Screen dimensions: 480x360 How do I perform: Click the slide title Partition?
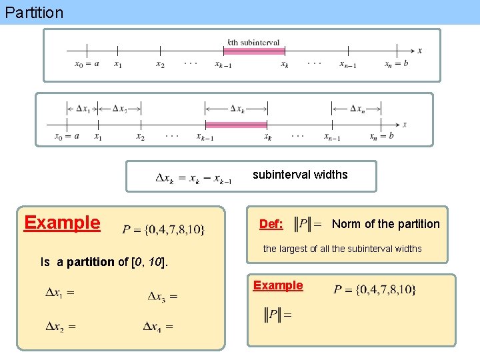[33, 12]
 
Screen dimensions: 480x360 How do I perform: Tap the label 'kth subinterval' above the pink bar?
[253, 42]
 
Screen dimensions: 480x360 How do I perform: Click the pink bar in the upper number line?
[254, 50]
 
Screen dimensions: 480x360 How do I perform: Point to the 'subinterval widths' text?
[300, 175]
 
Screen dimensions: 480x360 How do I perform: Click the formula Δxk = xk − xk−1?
[193, 178]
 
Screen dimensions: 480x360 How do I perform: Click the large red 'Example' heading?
[62, 223]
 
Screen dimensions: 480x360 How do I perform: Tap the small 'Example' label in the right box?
[278, 285]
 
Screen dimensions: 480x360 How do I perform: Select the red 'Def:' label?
[271, 225]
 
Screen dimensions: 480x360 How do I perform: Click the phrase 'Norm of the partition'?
[385, 224]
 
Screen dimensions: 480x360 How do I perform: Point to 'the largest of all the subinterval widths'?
[342, 249]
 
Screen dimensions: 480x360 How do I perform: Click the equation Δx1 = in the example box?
[59, 292]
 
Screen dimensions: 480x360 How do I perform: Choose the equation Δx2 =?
[60, 326]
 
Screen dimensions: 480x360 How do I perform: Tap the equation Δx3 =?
[162, 295]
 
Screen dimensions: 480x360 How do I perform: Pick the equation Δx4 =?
[158, 326]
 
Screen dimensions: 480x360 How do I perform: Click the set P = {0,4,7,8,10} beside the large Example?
[164, 230]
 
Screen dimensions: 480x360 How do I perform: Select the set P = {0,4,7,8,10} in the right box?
[375, 289]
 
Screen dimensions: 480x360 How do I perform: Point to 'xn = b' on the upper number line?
[397, 64]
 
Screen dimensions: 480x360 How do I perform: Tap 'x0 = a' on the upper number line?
[87, 64]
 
